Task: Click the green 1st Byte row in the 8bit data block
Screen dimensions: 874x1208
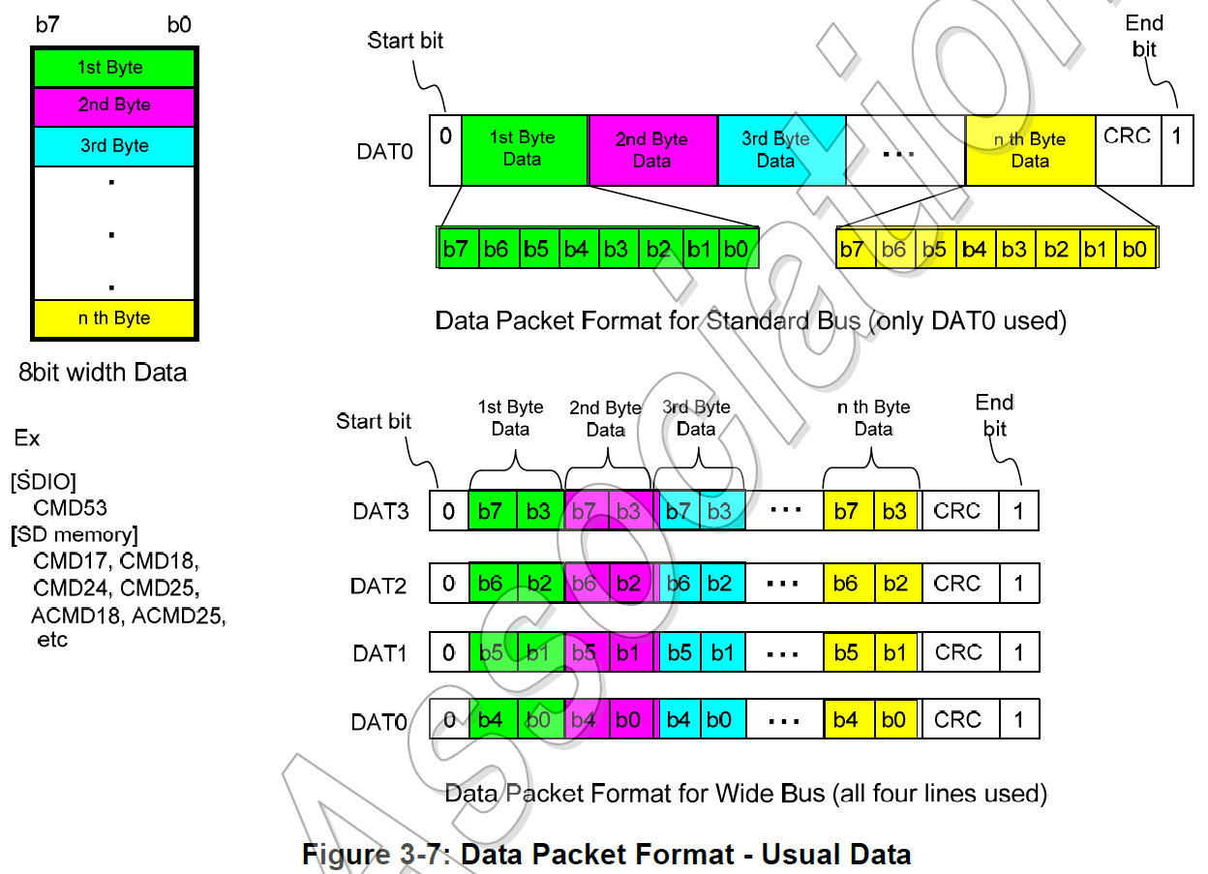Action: tap(114, 68)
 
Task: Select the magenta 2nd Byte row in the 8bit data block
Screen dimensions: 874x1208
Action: tap(114, 105)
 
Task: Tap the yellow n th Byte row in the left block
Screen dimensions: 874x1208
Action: tap(114, 318)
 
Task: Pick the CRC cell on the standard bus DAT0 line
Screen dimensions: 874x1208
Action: tap(1128, 150)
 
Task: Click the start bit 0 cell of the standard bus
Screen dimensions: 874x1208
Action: tap(445, 150)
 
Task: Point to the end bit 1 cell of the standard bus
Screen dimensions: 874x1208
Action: tap(1177, 150)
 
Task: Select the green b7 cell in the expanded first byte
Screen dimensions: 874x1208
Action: tap(456, 250)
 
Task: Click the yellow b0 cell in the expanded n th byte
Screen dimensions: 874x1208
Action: tap(1134, 250)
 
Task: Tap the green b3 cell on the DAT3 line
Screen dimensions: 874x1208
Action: tap(539, 511)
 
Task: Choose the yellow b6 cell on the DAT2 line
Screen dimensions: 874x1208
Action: tap(847, 584)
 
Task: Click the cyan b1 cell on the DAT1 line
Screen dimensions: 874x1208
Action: tap(722, 652)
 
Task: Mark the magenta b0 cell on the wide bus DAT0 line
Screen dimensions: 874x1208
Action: tap(629, 720)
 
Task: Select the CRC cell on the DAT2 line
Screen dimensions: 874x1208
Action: tap(957, 584)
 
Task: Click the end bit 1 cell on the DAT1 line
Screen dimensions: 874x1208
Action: tap(1018, 652)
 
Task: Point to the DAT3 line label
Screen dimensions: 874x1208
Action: tap(381, 511)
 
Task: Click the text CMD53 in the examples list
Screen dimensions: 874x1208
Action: tap(70, 507)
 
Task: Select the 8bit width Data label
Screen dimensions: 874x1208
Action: tap(103, 372)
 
